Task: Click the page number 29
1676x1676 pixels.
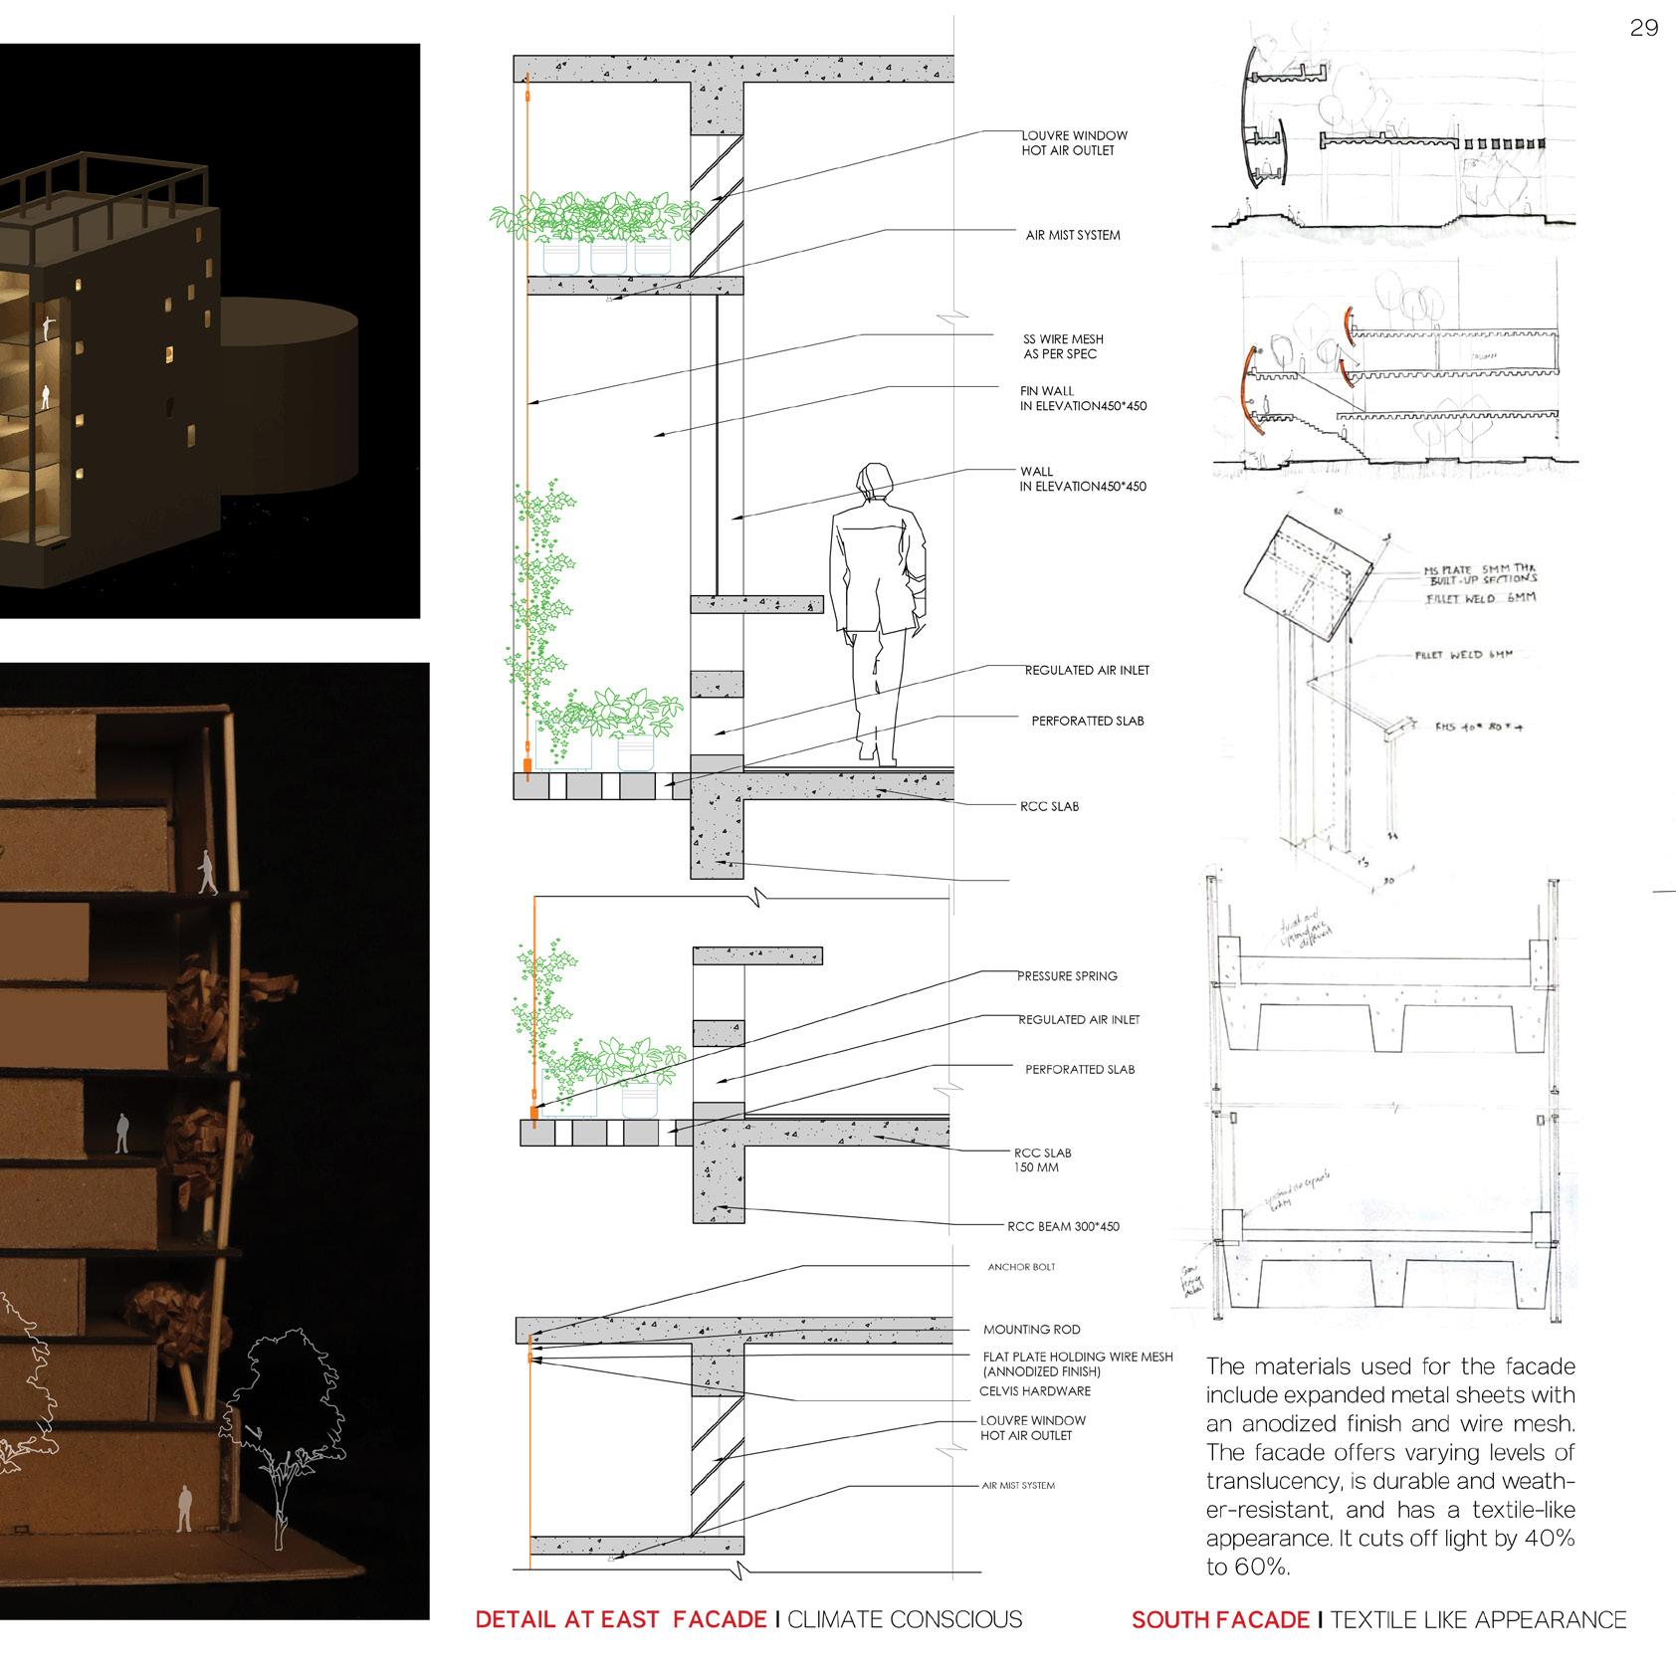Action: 1644,28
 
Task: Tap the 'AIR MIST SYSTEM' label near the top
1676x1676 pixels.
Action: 1073,236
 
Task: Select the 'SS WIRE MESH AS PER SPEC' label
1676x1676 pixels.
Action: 1063,346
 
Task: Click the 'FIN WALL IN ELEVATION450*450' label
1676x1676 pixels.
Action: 1083,398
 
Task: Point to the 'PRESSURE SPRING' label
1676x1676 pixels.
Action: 1067,976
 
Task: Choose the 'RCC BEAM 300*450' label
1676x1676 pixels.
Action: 1063,1226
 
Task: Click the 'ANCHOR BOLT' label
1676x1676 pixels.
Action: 1021,1267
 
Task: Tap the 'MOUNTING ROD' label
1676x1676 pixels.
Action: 1031,1329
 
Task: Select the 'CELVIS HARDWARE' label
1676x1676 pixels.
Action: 1035,1391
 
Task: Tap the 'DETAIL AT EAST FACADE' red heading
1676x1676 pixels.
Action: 621,1619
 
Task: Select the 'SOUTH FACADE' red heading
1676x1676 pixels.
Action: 1219,1619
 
